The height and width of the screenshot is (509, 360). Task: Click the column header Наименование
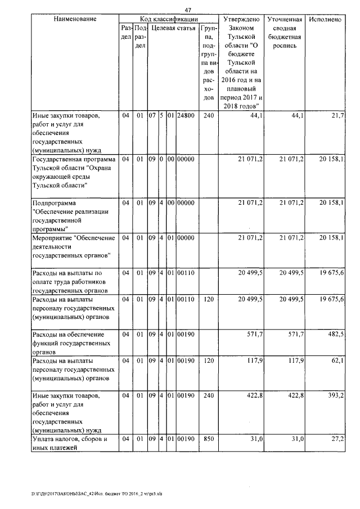click(x=75, y=19)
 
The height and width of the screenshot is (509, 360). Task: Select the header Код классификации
click(x=168, y=19)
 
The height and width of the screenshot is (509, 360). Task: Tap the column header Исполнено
click(x=325, y=19)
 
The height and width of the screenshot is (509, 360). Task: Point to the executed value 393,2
click(x=335, y=397)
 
